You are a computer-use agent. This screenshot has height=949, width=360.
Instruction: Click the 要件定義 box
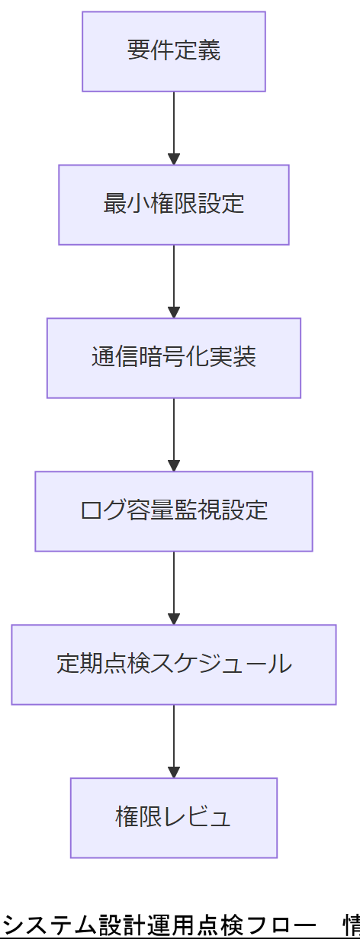click(x=174, y=51)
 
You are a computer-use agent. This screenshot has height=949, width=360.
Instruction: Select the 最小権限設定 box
click(x=174, y=204)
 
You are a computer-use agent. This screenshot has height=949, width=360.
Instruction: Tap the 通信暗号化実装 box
click(x=174, y=358)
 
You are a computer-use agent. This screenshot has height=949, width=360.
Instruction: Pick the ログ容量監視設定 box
click(x=174, y=511)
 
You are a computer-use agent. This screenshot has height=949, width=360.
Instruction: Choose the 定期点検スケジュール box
click(x=174, y=664)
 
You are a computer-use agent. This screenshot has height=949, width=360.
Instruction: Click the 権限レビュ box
click(x=174, y=818)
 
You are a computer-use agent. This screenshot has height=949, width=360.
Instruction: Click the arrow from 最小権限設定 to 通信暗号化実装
click(x=174, y=281)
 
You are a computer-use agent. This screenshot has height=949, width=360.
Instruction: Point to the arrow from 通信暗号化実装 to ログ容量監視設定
click(x=174, y=434)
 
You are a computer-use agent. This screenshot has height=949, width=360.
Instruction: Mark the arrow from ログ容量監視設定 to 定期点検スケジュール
click(x=174, y=587)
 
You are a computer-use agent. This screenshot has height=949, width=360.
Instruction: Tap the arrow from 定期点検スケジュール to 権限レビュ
click(x=174, y=741)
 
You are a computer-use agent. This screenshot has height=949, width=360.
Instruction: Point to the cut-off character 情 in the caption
click(x=352, y=926)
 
